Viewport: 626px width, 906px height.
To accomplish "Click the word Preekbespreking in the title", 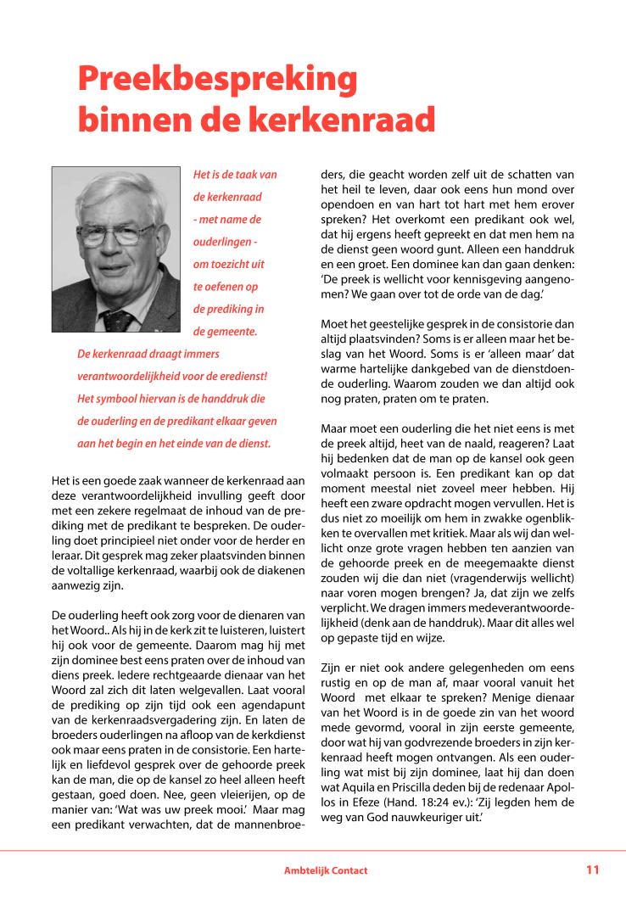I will [216, 81].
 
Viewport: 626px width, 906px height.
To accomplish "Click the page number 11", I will [592, 870].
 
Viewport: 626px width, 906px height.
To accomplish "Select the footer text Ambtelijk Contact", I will [326, 870].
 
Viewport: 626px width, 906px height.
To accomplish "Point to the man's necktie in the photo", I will [119, 320].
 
